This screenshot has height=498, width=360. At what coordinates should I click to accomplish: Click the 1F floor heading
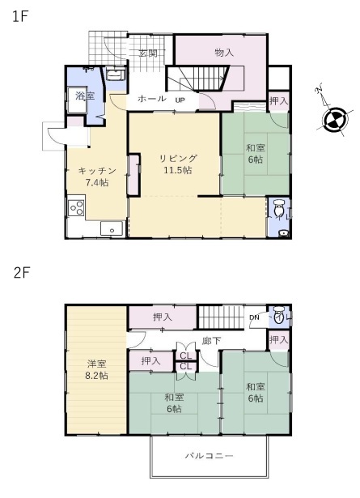(20, 16)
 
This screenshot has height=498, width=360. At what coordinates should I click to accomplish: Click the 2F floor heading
(22, 273)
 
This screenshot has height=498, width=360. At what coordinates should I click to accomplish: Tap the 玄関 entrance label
(148, 53)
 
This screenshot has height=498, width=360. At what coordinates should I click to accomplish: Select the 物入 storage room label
(224, 53)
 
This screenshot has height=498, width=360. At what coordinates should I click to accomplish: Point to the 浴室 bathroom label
(85, 96)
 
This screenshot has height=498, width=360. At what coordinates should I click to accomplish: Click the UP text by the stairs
(180, 100)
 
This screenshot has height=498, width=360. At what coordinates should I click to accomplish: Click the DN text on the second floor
(254, 317)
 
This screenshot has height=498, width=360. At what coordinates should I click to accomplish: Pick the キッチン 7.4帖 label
(97, 177)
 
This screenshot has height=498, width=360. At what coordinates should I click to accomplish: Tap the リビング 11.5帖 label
(178, 164)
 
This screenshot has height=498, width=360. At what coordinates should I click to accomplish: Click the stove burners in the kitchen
(76, 208)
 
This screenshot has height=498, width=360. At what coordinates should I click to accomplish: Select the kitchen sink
(112, 228)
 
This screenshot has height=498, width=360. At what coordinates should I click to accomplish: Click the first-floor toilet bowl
(278, 208)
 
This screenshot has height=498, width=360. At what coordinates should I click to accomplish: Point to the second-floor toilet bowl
(279, 315)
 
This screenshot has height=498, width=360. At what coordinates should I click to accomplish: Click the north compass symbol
(335, 119)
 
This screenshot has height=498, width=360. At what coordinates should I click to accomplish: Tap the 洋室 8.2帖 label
(96, 370)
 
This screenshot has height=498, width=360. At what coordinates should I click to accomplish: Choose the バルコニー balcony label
(210, 456)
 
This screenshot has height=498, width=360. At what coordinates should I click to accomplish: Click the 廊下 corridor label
(211, 341)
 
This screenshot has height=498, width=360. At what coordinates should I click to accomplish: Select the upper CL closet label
(185, 355)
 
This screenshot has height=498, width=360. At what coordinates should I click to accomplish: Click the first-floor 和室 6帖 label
(256, 153)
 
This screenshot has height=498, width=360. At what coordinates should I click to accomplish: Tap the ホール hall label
(151, 99)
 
